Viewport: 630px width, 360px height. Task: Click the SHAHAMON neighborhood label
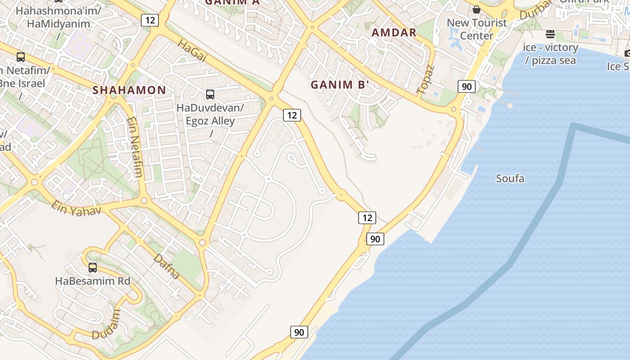coord(129,90)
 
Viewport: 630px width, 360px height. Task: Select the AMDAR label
coord(394,32)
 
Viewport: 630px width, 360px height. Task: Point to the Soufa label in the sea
coord(510,179)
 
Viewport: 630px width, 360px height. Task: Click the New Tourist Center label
coord(477,29)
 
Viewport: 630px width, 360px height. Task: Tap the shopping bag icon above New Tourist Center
coord(477,9)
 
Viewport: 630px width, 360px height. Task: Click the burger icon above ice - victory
coord(550,34)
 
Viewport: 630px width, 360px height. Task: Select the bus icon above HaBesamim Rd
coord(93,268)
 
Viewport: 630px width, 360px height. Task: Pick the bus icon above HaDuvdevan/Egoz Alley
coord(210,94)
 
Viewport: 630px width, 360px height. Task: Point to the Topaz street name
coord(426,80)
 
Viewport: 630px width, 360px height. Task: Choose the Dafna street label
coord(167,266)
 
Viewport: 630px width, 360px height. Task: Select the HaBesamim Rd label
coord(92,281)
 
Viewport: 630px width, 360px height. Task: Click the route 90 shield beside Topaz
coord(467,86)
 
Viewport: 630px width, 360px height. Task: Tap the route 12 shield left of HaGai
coord(149,20)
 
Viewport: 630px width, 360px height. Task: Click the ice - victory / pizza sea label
coord(550,54)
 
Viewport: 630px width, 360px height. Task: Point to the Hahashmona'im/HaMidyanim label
coord(53,17)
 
